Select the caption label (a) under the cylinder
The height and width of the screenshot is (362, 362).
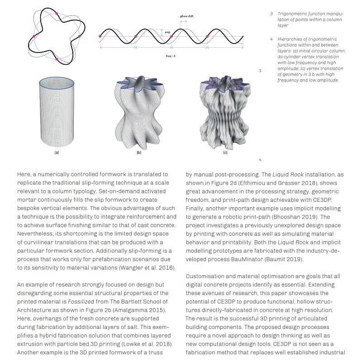[57, 153]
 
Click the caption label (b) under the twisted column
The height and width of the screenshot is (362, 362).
[139, 153]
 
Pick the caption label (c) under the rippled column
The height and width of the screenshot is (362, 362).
[225, 153]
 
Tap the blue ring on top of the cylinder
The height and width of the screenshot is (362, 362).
[57, 83]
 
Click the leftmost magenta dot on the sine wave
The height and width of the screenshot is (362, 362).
[100, 36]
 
